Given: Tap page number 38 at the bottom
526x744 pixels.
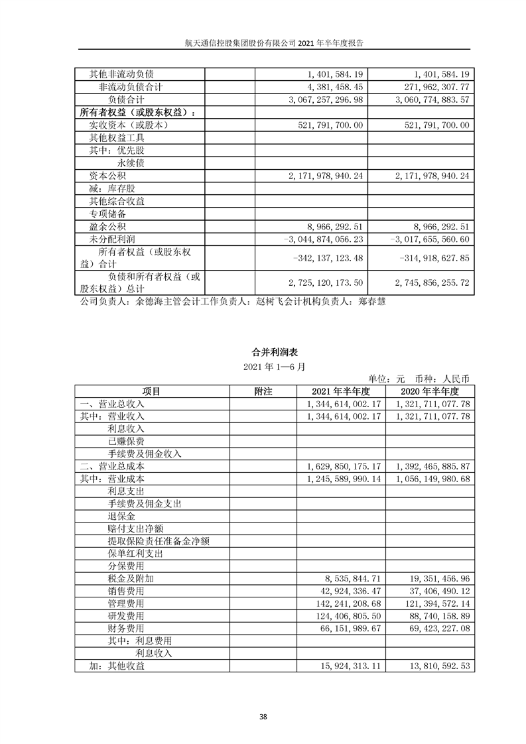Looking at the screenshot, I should tap(263, 715).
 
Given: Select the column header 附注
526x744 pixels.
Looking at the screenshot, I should tap(263, 392).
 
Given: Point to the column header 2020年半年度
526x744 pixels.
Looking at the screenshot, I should tap(428, 392).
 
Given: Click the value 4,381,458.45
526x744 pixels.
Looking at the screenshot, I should tap(336, 87).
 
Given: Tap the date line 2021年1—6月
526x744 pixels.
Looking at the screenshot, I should tap(263, 365).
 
